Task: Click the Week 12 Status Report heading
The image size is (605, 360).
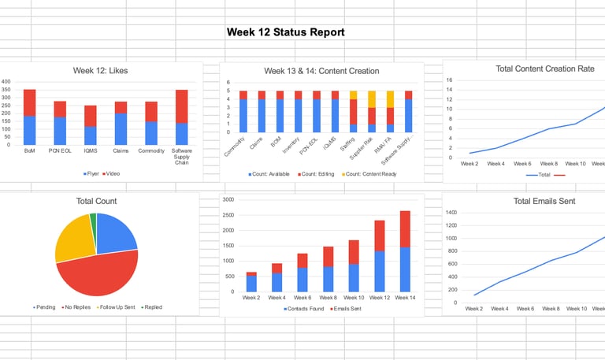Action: pyautogui.click(x=285, y=32)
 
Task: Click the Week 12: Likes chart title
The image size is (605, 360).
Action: pyautogui.click(x=100, y=71)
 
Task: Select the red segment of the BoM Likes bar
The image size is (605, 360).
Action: pyautogui.click(x=29, y=102)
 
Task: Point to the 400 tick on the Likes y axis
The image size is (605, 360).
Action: pyautogui.click(x=6, y=82)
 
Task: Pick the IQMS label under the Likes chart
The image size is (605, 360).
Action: pyautogui.click(x=91, y=150)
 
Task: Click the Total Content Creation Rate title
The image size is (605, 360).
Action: pyautogui.click(x=544, y=69)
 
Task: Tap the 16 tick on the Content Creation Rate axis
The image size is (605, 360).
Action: pyautogui.click(x=450, y=80)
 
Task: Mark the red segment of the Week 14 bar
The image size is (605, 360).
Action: pyautogui.click(x=405, y=229)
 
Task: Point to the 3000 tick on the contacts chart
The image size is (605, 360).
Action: pyautogui.click(x=228, y=199)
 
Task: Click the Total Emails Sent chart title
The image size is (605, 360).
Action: pyautogui.click(x=544, y=201)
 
